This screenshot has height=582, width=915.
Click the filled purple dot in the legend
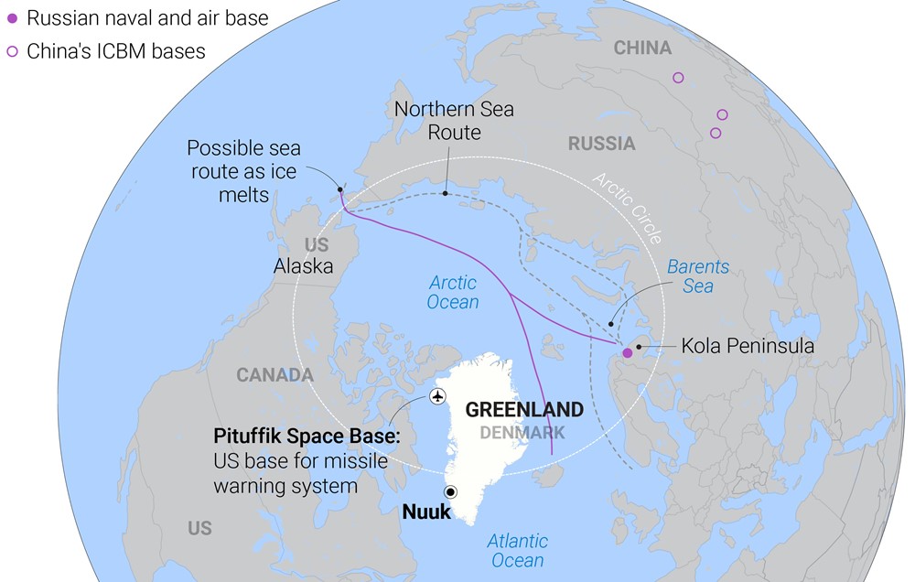pos(12,18)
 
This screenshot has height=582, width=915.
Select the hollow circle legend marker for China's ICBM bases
pos(12,51)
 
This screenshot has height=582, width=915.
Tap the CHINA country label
pos(641,48)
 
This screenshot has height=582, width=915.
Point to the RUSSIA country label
pos(601,144)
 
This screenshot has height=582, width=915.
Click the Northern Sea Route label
pos(454,121)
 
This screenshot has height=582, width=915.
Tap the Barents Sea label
pos(698,276)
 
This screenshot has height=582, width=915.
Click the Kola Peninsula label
pos(748,347)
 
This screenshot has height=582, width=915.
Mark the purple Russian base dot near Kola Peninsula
pos(627,353)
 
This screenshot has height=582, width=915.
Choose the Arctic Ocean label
pos(453,293)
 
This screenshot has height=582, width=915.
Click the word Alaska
pos(303,266)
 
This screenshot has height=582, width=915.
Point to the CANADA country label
pos(274,375)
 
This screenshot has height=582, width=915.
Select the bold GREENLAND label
pos(524,410)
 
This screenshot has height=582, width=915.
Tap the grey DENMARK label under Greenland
pos(522,432)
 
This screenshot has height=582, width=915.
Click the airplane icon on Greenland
pos(437,396)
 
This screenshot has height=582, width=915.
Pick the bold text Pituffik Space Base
pos(307,436)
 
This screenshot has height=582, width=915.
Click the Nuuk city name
pos(426,512)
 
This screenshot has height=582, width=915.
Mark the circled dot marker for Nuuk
pos(450,492)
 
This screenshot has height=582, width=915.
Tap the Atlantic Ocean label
pos(517,550)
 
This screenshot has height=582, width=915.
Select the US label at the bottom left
pos(199,528)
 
